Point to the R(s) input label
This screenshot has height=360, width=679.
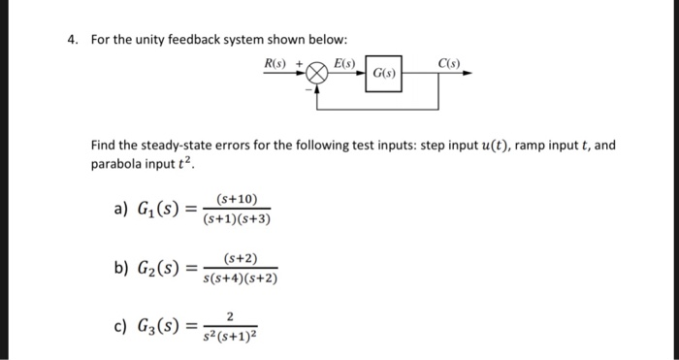coord(276,64)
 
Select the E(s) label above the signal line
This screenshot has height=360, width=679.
coord(344,64)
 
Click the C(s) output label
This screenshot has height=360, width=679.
coord(449,64)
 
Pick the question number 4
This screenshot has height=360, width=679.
coord(72,40)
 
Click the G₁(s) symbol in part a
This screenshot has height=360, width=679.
coord(156,210)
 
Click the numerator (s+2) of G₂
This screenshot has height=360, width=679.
coord(240,258)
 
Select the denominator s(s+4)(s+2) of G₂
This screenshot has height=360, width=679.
coord(240,279)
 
